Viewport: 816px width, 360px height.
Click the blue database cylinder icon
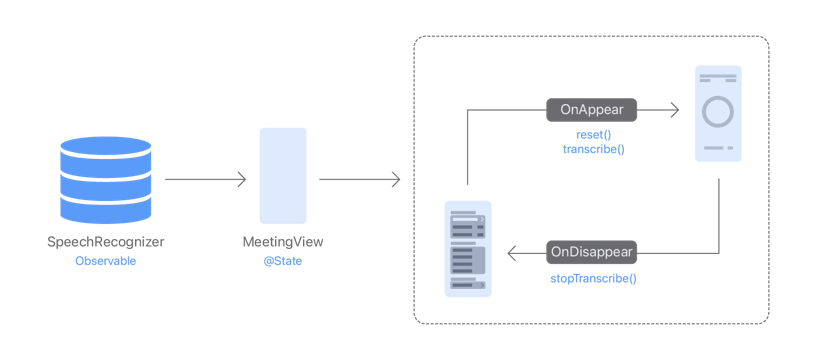[106, 181]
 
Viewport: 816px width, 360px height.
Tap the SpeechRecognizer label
[106, 242]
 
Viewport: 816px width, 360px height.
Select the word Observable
[106, 261]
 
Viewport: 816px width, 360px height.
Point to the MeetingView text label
[283, 242]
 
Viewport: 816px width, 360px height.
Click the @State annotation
[283, 261]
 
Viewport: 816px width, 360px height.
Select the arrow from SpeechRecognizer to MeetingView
[205, 180]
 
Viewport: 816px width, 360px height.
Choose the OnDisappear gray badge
[592, 252]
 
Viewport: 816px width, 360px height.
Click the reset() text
[593, 134]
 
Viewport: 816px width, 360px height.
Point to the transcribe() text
[593, 148]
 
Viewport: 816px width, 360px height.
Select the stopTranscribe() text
[593, 277]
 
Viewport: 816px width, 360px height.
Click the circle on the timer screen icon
[718, 111]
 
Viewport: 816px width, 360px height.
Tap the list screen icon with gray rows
[468, 249]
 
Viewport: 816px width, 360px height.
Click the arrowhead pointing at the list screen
[512, 253]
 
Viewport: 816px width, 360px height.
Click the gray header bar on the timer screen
[718, 77]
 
